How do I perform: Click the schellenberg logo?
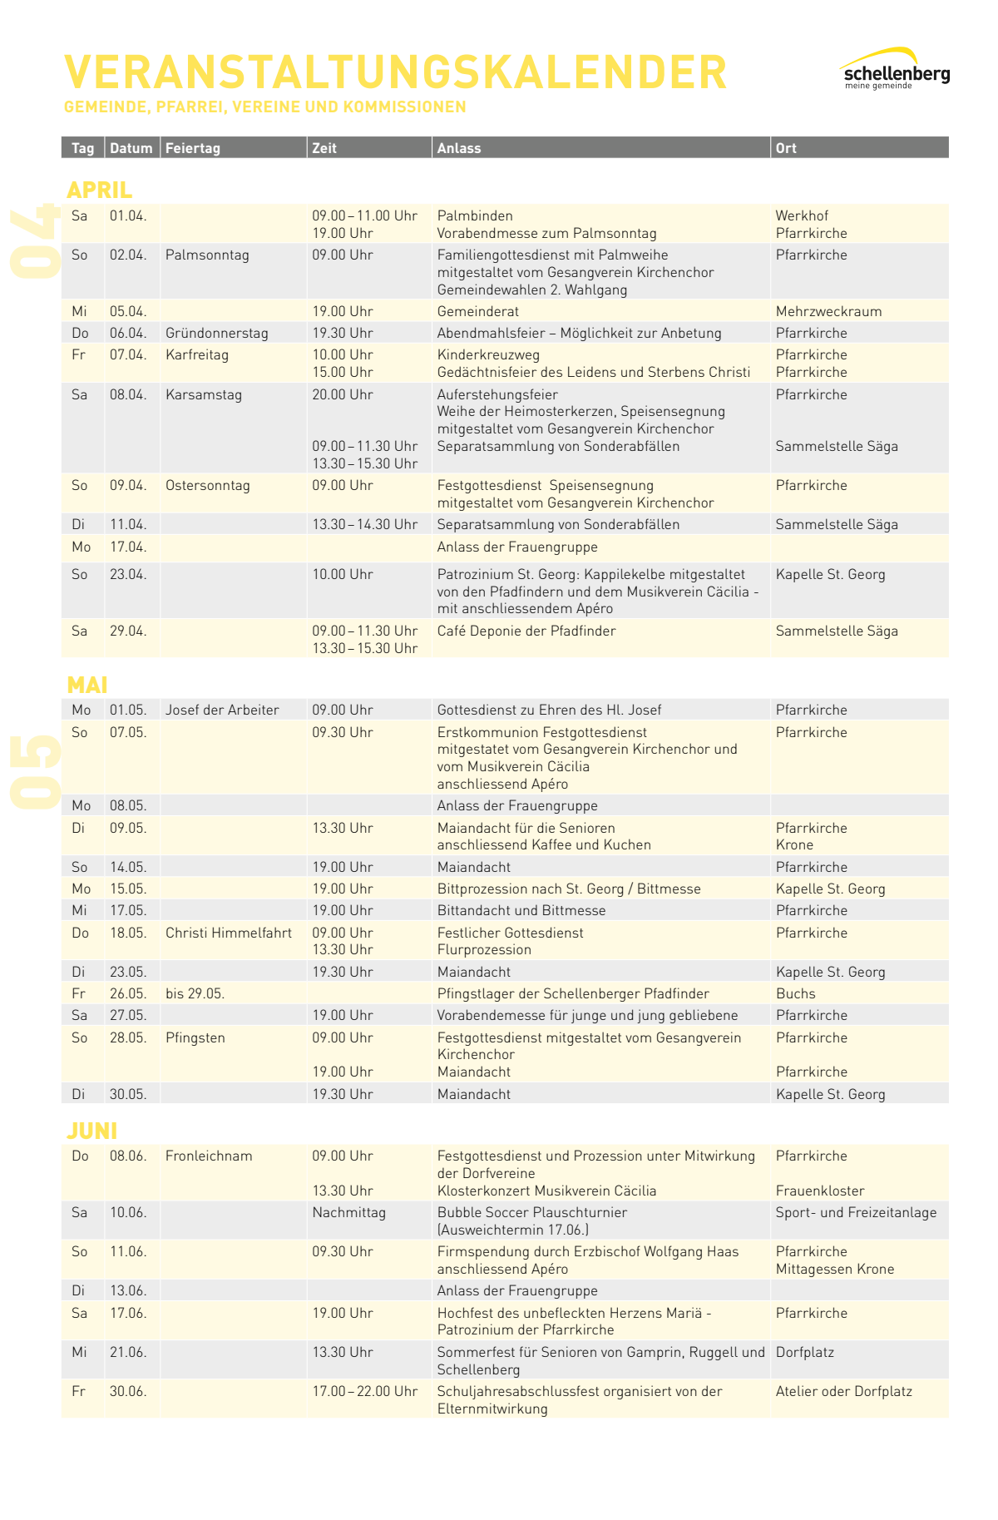(x=894, y=70)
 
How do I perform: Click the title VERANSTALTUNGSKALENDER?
(x=396, y=72)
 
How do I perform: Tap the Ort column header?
(x=786, y=148)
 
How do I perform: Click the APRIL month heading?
(x=99, y=190)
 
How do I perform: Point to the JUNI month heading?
(x=91, y=1131)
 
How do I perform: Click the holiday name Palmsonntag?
(x=207, y=255)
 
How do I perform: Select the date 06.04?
(x=128, y=333)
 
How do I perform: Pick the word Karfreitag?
(x=196, y=354)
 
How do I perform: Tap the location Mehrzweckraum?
(x=828, y=311)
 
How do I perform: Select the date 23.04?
(x=128, y=574)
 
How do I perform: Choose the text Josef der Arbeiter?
(x=222, y=710)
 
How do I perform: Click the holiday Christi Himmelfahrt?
(x=229, y=933)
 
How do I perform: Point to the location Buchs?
(x=795, y=993)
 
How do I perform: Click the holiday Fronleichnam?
(x=209, y=1156)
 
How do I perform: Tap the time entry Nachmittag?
(x=349, y=1212)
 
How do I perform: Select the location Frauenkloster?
(x=820, y=1191)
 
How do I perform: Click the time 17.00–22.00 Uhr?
(x=365, y=1391)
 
